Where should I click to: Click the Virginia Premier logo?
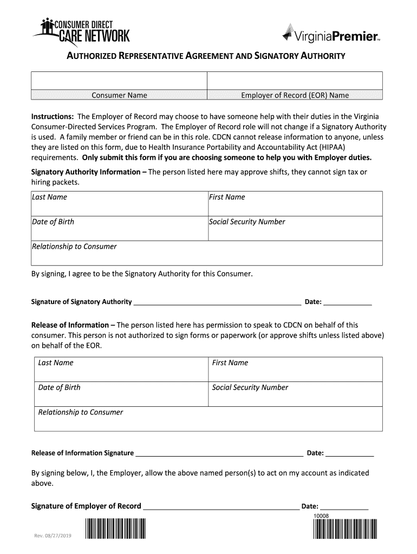click(330, 35)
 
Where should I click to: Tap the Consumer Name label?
click(119, 95)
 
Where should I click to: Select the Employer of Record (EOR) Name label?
click(295, 95)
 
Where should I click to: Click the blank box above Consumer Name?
click(119, 81)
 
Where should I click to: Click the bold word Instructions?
click(53, 117)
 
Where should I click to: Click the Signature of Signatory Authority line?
click(217, 302)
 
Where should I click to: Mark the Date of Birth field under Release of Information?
click(121, 394)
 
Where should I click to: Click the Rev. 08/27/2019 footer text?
click(53, 536)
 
